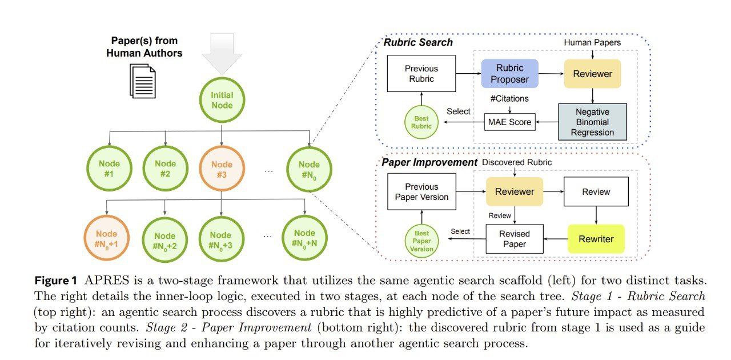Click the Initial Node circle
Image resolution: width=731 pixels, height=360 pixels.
(x=222, y=101)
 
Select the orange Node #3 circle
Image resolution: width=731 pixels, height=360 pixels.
(x=222, y=170)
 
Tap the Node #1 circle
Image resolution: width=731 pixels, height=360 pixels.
(x=109, y=170)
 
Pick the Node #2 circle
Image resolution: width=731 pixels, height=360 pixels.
(x=166, y=170)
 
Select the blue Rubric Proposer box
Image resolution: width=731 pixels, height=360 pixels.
(x=510, y=74)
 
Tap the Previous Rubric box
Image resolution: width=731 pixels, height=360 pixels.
(x=421, y=74)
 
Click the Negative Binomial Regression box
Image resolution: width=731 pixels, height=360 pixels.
(x=592, y=122)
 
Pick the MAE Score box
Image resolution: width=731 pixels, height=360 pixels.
(x=510, y=122)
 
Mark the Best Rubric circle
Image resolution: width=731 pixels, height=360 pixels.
(x=422, y=122)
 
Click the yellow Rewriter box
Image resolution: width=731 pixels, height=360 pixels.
(x=596, y=239)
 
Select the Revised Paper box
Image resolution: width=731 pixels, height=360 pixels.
(x=515, y=239)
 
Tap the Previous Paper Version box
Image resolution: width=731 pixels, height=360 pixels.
(x=421, y=192)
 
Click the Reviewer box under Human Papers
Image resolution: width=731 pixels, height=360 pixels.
(x=592, y=74)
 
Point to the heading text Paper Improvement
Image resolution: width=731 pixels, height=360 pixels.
(x=429, y=162)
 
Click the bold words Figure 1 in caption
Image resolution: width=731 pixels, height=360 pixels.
(x=56, y=281)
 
